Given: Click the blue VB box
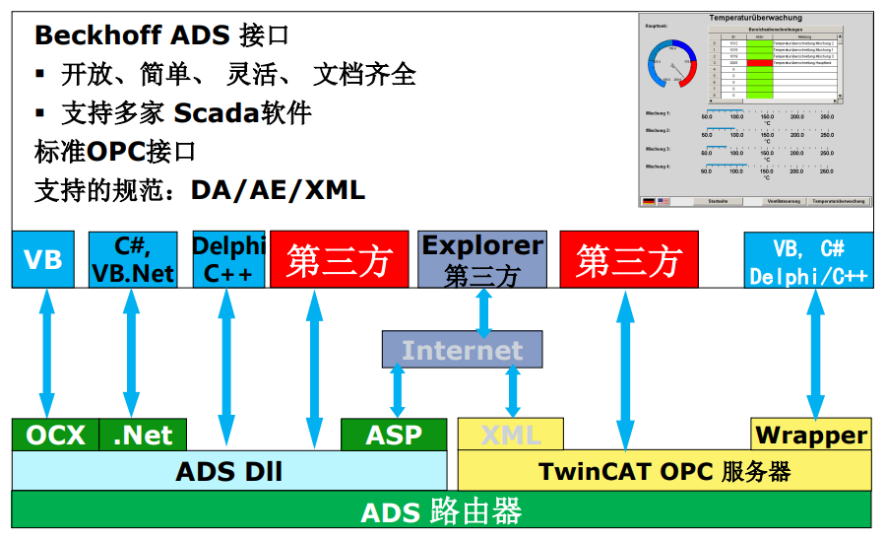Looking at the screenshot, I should [x=42, y=259].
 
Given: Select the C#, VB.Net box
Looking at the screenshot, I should [x=132, y=259].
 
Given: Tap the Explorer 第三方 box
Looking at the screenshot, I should [x=482, y=259].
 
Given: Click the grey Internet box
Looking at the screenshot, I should [x=462, y=350].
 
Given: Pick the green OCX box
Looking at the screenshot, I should [x=55, y=435].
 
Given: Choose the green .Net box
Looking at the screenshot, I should [x=143, y=435].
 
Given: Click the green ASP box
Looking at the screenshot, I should [x=394, y=435].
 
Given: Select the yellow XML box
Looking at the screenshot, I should [x=510, y=435].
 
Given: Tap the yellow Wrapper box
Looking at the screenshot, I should [x=811, y=435].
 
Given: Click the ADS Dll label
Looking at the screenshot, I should [x=228, y=471].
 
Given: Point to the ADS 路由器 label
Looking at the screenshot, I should [x=441, y=511].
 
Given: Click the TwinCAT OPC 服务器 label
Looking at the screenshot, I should [x=664, y=471].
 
